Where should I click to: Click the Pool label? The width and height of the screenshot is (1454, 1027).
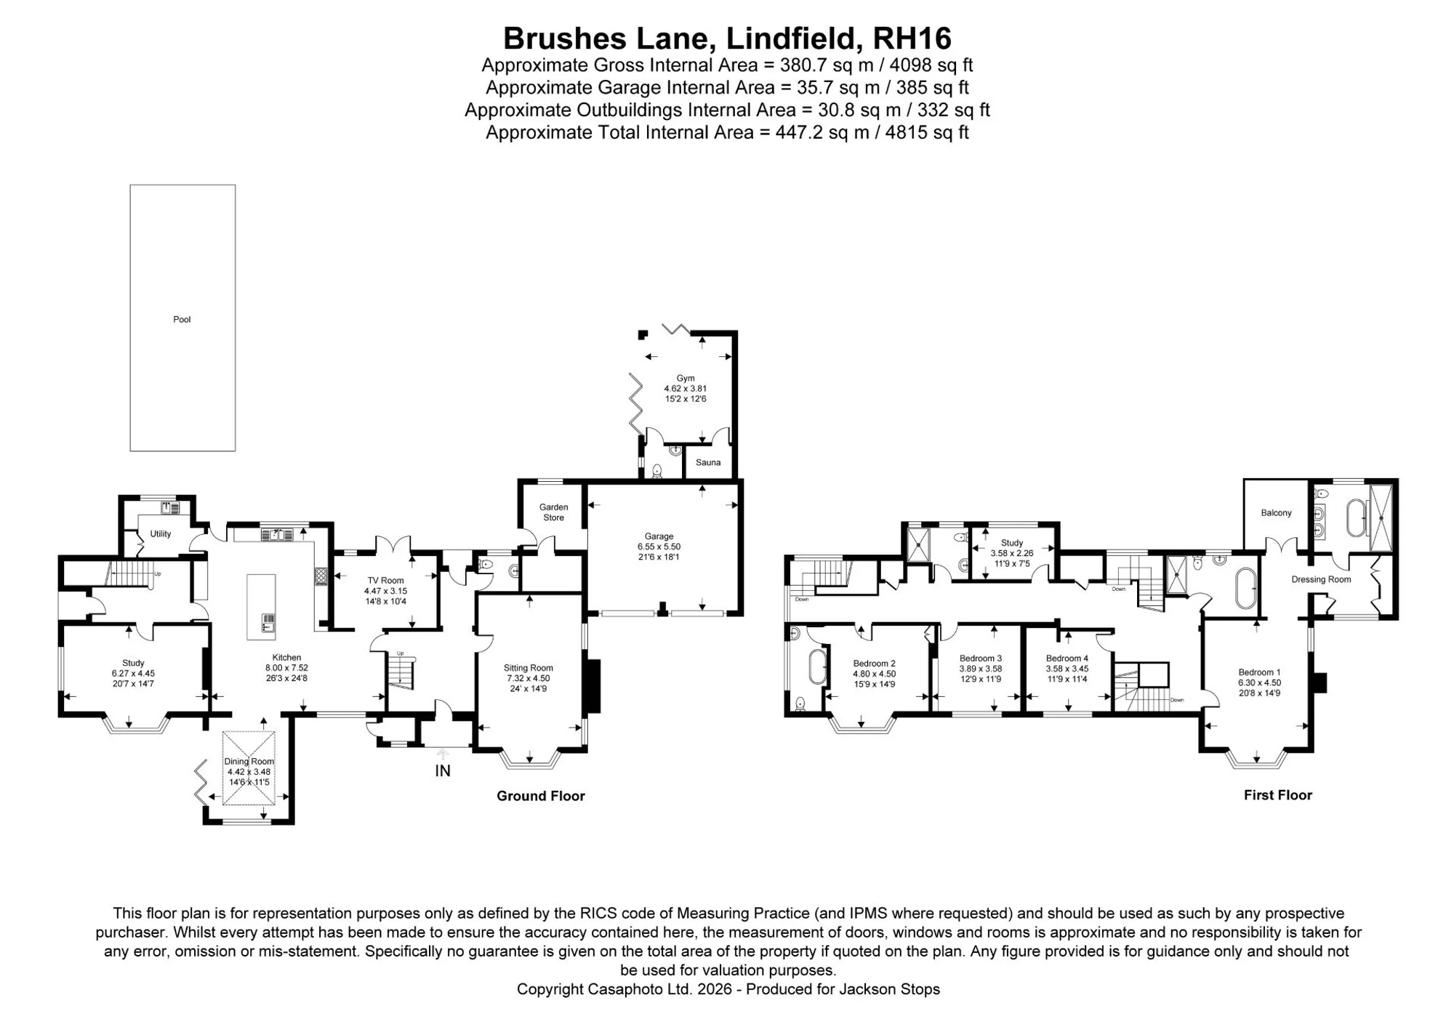coord(182,319)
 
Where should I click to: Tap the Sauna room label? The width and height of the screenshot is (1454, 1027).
coord(708,462)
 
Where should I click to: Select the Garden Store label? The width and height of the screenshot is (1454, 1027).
coord(554,512)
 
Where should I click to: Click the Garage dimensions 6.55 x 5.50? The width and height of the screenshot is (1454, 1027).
coord(659,547)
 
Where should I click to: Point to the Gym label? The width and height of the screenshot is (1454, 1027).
coord(686,378)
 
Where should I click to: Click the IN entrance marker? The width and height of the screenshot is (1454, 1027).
coord(443,770)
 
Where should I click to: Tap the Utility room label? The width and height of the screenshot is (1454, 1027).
coord(161,533)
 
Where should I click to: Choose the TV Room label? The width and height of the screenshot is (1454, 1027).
coord(385,580)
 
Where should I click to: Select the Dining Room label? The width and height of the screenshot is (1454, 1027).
coord(249,761)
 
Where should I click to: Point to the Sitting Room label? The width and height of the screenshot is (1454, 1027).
coord(529,667)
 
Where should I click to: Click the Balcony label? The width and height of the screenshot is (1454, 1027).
coord(1277,512)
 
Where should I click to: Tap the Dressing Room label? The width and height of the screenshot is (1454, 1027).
coord(1321,579)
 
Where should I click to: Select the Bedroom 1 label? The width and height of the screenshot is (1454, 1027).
coord(1260,672)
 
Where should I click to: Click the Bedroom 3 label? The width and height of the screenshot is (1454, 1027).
coord(981,659)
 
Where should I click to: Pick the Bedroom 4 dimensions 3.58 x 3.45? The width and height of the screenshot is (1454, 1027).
coord(1067,669)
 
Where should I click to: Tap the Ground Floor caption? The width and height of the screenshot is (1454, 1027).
coord(541,796)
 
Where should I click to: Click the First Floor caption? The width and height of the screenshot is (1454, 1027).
coord(1278,795)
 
